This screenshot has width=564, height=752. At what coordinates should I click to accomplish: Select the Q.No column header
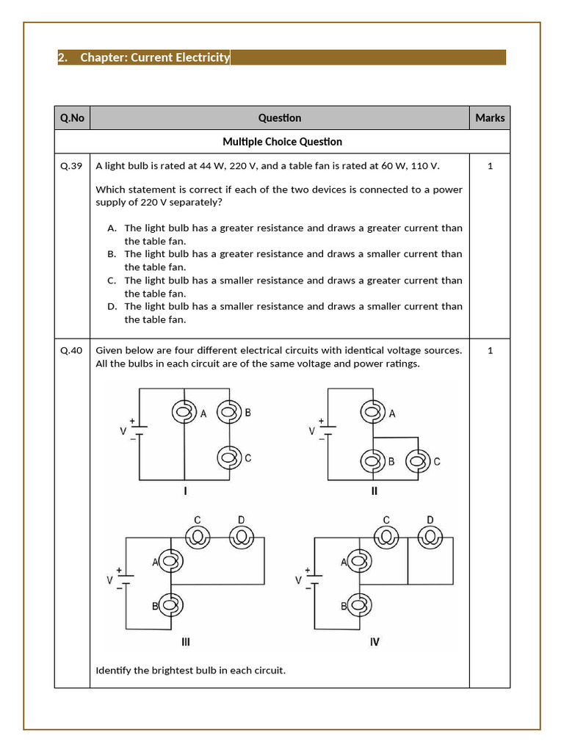point(72,117)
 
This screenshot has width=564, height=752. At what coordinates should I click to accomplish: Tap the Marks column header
point(490,117)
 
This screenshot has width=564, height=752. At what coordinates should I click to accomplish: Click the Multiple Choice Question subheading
point(282,141)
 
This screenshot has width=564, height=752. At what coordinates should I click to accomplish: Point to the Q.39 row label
point(72,166)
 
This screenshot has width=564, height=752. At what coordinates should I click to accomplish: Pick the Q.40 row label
point(72,350)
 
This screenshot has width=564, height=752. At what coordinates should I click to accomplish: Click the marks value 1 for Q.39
point(490,166)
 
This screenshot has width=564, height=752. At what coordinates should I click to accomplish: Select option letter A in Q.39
point(112,228)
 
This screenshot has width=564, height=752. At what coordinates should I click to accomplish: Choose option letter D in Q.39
point(112,306)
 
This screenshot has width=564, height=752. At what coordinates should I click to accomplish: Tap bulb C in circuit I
point(228,458)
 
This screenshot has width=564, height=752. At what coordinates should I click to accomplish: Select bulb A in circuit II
point(372,413)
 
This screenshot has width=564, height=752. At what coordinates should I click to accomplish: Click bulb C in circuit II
point(418,462)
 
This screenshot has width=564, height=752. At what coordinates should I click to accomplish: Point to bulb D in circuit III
point(241,538)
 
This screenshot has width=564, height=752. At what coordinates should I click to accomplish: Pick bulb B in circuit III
point(170,606)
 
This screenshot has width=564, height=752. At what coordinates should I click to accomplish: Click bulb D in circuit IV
point(430,538)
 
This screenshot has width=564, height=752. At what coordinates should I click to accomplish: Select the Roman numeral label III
point(186,642)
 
